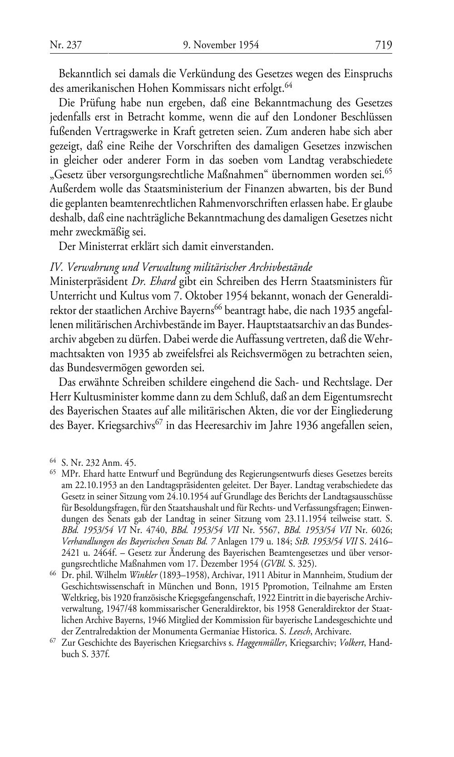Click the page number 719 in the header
tap(383, 45)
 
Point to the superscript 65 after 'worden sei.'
tap(388, 171)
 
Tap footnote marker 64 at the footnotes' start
tap(52, 462)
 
